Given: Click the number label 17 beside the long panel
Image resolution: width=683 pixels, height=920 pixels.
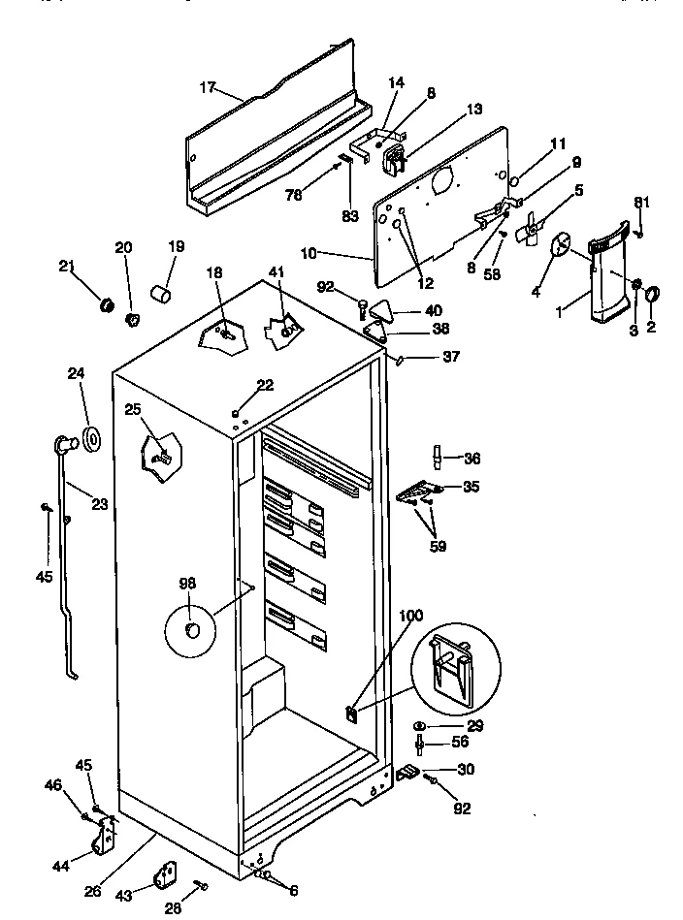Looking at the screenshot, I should coord(207,87).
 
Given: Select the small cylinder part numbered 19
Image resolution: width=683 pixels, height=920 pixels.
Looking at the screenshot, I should coord(162,291).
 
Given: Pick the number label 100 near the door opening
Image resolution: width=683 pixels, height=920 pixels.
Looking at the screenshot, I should coord(411,615).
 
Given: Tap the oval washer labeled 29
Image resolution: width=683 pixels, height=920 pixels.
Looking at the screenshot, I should coord(419,725).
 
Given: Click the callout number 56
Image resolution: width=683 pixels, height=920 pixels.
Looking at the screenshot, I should coord(460,742).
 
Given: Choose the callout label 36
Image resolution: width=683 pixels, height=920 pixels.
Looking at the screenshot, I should coord(472,459).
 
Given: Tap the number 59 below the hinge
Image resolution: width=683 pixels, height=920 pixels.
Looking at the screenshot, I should coord(439,547).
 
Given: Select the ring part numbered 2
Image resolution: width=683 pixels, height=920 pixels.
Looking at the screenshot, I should coord(651,294).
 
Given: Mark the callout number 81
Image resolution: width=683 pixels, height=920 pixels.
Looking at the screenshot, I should coord(641,202).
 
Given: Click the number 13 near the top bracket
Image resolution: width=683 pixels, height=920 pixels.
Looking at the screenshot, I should coord(473,110).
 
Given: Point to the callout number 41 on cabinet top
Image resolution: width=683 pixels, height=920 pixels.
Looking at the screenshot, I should coord(278,273).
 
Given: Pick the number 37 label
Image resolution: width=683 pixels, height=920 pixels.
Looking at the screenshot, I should coord(450,357).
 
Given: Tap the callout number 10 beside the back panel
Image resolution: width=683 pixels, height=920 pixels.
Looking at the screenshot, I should coord(309,253).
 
